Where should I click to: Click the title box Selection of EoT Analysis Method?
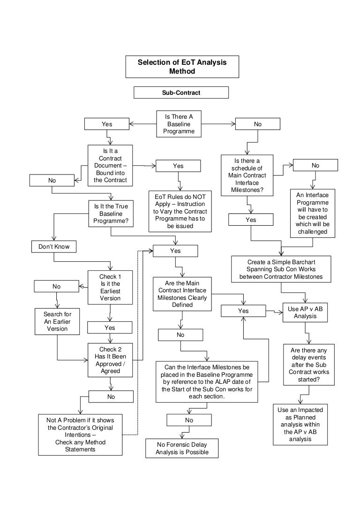tap(182, 67)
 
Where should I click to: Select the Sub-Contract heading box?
tap(181, 92)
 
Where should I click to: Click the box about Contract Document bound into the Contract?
tap(110, 166)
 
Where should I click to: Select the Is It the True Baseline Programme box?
tap(110, 213)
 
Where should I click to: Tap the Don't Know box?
tap(54, 246)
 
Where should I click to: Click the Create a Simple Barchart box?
tap(281, 269)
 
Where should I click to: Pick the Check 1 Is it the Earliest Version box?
tap(110, 287)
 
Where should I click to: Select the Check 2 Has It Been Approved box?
tap(110, 360)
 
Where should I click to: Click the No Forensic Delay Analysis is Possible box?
tap(182, 449)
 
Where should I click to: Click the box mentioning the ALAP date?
tap(207, 381)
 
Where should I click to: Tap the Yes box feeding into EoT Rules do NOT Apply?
tap(178, 166)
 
